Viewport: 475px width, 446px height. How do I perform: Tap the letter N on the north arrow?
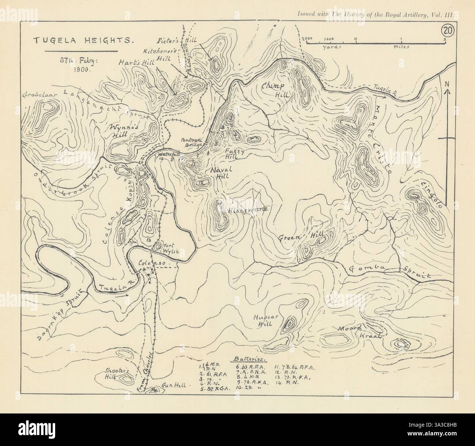pyautogui.click(x=446, y=84)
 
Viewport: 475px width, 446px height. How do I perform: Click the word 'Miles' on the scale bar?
pyautogui.click(x=401, y=47)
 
